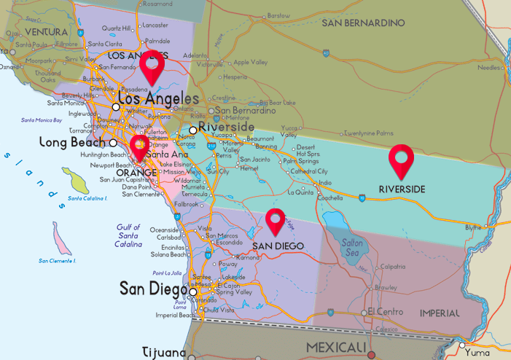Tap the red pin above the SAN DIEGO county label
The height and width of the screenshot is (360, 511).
(274, 221)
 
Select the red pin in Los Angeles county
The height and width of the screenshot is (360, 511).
(153, 71)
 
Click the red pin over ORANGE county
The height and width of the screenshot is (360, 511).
(139, 146)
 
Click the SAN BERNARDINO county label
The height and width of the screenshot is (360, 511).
(363, 23)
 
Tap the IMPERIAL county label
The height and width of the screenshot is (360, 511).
(440, 313)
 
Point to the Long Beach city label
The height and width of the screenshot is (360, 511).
(73, 143)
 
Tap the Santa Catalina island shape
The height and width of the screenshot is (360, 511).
(75, 180)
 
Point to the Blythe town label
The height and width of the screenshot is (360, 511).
(473, 227)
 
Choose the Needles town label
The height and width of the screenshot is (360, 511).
(488, 68)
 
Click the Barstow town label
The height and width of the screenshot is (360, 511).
(278, 15)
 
